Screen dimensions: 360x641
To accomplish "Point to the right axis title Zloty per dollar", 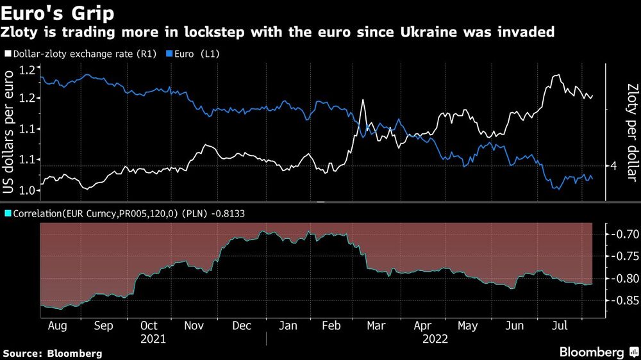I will pos(632,129).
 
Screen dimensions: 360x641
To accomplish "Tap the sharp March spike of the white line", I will pos(363,101).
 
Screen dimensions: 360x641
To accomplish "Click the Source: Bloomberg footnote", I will pos(53,353).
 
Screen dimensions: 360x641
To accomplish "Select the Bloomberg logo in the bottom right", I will pos(597,352).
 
